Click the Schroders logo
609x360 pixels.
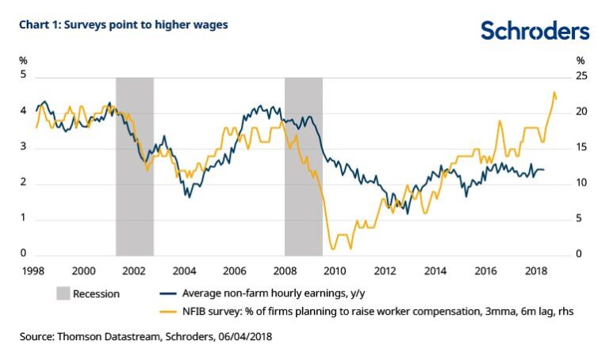[x=535, y=31]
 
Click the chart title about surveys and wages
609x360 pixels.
[x=124, y=25]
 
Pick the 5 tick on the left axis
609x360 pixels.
[x=24, y=75]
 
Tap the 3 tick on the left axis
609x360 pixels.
[x=24, y=147]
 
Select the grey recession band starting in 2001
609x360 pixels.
[x=134, y=165]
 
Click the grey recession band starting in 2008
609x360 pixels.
[x=304, y=165]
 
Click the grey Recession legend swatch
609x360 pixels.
[x=63, y=293]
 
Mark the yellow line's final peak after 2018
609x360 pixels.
[x=553, y=92]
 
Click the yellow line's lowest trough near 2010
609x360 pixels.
[x=333, y=250]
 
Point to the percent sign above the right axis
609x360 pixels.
[x=580, y=60]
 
